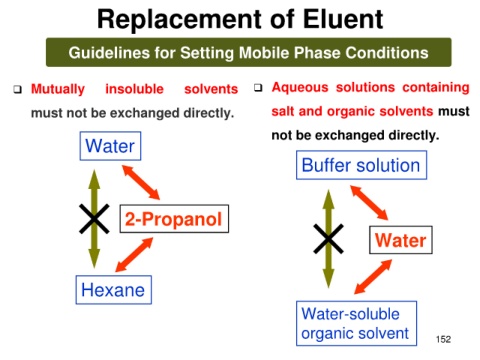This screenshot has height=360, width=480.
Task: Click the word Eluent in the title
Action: click(x=343, y=19)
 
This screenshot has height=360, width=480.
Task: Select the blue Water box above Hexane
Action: click(x=110, y=146)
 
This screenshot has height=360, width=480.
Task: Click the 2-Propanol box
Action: click(x=174, y=219)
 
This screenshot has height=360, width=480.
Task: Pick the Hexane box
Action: click(x=114, y=290)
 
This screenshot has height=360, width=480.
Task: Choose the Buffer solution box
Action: click(x=361, y=165)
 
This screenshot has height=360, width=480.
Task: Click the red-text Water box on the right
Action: click(x=401, y=240)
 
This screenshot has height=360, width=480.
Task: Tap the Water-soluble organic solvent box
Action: click(x=356, y=323)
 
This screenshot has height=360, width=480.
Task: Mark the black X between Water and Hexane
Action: click(x=94, y=219)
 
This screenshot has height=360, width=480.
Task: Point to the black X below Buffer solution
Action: click(x=329, y=239)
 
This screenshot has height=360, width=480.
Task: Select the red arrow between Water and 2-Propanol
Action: click(x=141, y=182)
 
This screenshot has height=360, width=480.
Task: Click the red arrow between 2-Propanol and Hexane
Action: click(x=134, y=255)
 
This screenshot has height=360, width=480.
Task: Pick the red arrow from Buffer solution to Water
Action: click(x=369, y=203)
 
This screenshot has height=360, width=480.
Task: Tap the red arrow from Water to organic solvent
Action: click(x=373, y=277)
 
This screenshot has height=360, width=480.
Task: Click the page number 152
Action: click(x=443, y=339)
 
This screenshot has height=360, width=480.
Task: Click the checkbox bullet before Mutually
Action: click(x=17, y=89)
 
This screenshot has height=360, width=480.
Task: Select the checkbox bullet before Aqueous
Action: click(x=258, y=88)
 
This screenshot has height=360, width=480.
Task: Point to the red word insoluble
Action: click(x=134, y=89)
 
